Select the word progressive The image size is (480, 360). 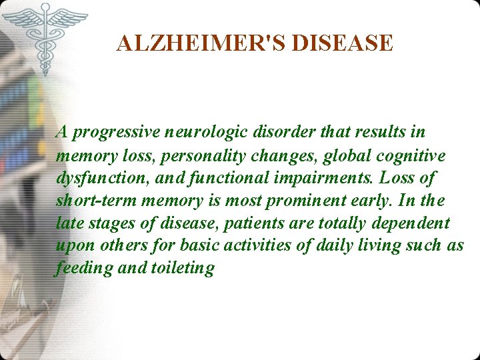(x=113, y=133)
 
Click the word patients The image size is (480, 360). (x=251, y=223)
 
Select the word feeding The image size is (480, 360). (x=76, y=269)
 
